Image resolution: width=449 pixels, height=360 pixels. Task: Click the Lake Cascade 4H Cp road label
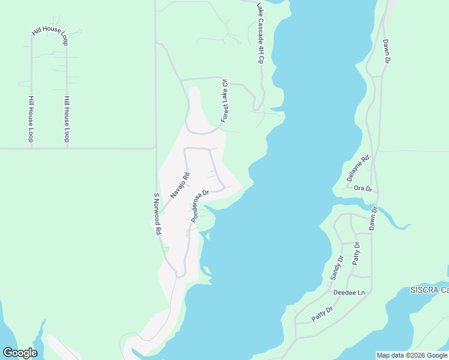click(x=261, y=34)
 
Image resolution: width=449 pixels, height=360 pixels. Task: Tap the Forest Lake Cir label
click(x=225, y=101)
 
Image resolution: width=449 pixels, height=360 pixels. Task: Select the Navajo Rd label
click(x=179, y=185)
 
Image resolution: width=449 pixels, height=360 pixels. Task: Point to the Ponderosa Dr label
click(x=199, y=206)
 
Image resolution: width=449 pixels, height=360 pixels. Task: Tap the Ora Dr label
click(x=363, y=188)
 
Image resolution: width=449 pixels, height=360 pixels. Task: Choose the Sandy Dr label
click(x=336, y=268)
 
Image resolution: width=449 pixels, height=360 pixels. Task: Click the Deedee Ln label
click(x=349, y=293)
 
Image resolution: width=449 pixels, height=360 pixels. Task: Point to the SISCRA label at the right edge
click(x=429, y=290)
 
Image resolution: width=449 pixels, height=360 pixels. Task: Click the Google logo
click(x=20, y=353)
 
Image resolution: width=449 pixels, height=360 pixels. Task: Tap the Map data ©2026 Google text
click(x=412, y=355)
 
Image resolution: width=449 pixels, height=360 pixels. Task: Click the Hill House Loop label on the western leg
click(x=31, y=119)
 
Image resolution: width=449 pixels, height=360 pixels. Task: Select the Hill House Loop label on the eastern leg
click(x=67, y=119)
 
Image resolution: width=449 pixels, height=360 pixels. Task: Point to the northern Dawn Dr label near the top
click(x=387, y=52)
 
